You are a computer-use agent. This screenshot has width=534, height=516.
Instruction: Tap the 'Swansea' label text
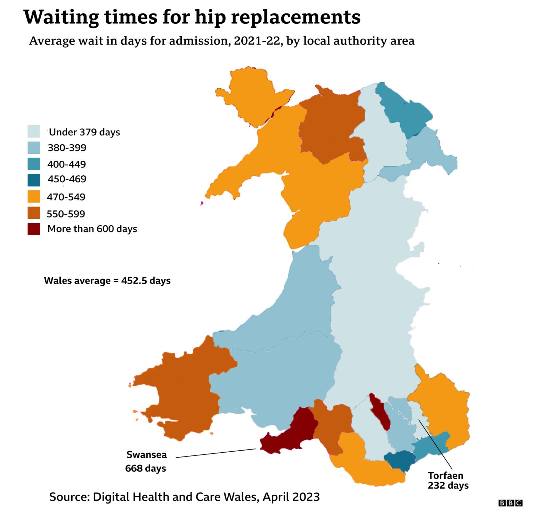146,455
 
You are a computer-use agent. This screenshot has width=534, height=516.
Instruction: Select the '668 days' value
146,468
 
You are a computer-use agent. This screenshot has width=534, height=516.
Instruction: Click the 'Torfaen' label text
445,476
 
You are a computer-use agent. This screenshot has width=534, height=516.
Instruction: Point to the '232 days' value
448,485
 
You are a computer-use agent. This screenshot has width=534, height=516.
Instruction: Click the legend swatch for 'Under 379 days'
34,132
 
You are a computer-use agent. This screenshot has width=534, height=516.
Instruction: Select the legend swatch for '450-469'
34,180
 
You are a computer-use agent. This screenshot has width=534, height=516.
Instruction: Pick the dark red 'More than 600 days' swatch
34,229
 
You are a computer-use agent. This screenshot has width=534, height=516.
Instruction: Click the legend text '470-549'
66,197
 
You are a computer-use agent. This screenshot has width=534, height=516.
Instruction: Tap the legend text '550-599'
66,214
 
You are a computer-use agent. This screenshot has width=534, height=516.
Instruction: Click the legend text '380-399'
67,148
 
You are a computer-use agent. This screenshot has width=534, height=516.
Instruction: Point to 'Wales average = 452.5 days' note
107,280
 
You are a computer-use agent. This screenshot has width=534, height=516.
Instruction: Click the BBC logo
510,503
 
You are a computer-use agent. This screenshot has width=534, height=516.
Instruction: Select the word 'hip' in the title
210,17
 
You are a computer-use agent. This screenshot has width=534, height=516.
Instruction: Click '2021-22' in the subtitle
257,41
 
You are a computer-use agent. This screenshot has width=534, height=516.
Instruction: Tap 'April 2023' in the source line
291,497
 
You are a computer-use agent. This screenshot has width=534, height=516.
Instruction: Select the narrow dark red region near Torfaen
380,412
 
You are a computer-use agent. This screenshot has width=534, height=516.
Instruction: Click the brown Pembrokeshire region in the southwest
181,393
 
